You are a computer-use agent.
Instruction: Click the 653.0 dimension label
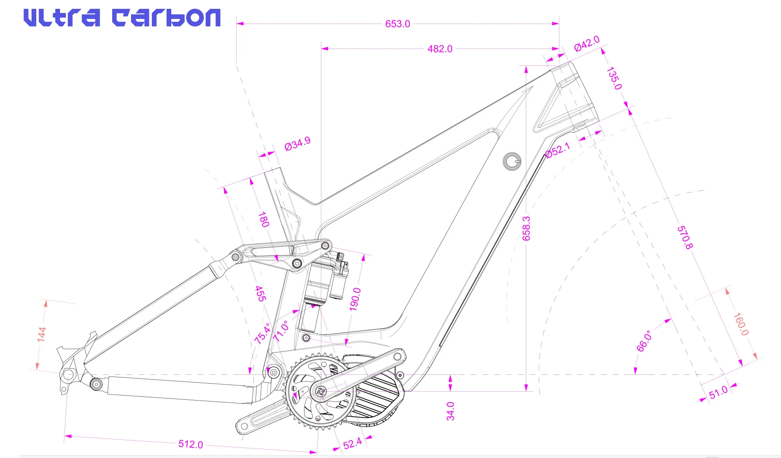point(397,24)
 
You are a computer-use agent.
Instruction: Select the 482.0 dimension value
point(439,49)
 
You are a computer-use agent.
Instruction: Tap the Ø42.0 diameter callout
point(587,43)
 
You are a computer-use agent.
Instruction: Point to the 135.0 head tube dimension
point(614,78)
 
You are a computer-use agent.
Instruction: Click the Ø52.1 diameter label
point(557,150)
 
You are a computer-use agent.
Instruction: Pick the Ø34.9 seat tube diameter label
point(297,144)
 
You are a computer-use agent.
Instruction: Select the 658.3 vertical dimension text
point(526,228)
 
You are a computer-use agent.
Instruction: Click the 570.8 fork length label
point(684,237)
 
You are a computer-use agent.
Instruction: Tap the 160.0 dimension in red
point(741,324)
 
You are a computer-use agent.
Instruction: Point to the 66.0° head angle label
point(644,341)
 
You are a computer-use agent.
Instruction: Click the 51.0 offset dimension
point(718,392)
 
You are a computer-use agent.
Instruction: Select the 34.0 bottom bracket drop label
point(450,411)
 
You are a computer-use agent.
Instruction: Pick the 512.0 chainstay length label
point(191,444)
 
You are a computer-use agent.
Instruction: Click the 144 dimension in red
point(41,333)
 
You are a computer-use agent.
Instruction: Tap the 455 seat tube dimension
point(261,293)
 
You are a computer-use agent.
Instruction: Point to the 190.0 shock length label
point(355,299)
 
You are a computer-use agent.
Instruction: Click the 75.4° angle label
point(262,333)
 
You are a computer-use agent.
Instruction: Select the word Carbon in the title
point(166,18)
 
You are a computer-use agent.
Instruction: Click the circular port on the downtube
point(512,161)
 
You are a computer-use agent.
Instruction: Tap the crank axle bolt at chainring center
point(320,391)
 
